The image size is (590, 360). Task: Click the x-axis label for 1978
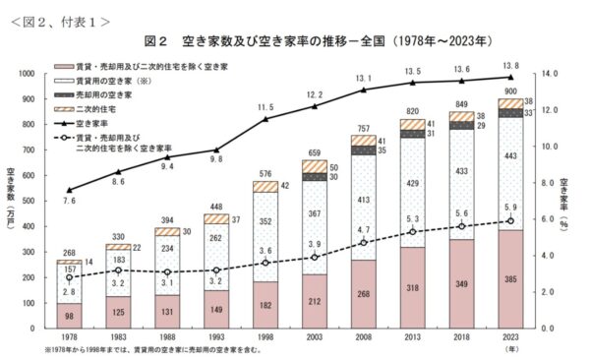pos(69,336)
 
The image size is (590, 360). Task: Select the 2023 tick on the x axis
pos(511,336)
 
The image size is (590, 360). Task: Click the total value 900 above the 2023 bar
pos(511,91)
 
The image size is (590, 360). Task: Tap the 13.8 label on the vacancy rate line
pos(511,65)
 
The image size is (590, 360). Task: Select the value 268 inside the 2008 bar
pos(364,293)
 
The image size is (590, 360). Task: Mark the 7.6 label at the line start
pos(69,201)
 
